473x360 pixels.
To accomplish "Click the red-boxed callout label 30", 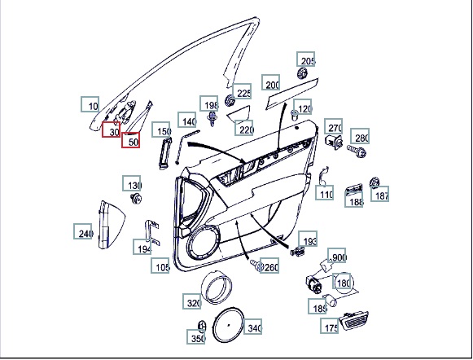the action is tap(111, 130).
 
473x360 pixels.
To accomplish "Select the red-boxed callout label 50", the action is tap(130, 140).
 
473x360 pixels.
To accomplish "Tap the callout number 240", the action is tap(83, 231).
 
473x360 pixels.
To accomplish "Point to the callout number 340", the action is tap(253, 327).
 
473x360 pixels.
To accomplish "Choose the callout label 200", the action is tap(270, 82).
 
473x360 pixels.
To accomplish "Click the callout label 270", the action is tap(333, 126).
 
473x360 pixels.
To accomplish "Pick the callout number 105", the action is tap(160, 266).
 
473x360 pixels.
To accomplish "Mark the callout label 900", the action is tap(337, 256).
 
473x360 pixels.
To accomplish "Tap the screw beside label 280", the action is tap(357, 151).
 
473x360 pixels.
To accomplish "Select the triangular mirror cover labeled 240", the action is tap(112, 225).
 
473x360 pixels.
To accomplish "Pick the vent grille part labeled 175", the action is tap(354, 321).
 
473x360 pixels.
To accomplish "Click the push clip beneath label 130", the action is tap(136, 198).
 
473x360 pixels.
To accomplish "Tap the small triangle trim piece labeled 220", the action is tap(239, 113).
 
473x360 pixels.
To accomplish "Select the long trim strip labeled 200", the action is tap(291, 94).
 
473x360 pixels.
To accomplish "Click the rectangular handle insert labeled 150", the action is tap(165, 153).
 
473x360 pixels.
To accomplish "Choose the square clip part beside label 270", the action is tap(335, 142).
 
